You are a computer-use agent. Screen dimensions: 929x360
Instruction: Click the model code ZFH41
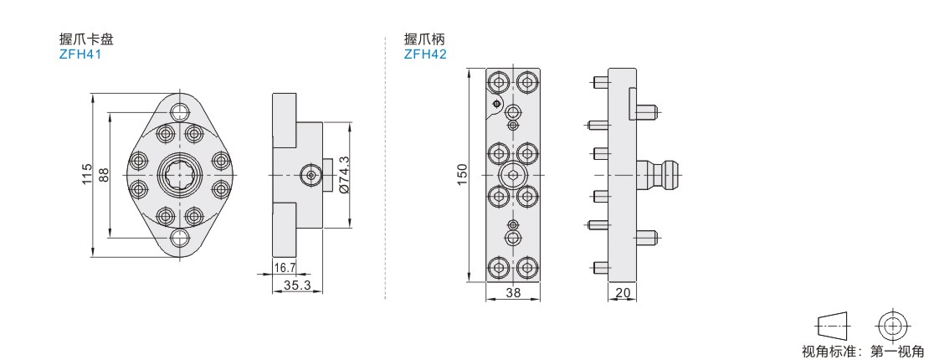[x=80, y=54]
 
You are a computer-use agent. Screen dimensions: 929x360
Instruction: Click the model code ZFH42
[x=425, y=54]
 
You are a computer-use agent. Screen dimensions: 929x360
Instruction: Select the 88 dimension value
[x=104, y=175]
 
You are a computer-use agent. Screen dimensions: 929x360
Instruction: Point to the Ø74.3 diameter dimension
[x=342, y=175]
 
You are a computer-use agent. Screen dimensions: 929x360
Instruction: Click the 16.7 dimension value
[x=285, y=268]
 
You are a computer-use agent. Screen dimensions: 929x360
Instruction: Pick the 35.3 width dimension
[x=297, y=285]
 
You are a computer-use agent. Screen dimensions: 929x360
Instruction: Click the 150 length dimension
[x=462, y=175]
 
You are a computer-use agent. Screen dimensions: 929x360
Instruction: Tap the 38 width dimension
[x=512, y=292]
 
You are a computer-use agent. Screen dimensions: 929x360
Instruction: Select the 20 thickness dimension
[x=622, y=292]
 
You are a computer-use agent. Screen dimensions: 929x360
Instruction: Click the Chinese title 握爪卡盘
[x=86, y=39]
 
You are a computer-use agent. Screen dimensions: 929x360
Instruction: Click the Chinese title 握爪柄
[x=424, y=39]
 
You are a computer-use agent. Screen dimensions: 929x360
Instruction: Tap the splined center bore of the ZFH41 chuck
[x=180, y=175]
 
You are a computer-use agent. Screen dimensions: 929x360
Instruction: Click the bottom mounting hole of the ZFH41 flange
[x=180, y=239]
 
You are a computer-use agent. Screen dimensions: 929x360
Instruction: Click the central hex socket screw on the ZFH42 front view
[x=512, y=175]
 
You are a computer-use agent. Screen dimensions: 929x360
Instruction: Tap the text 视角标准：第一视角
[x=862, y=351]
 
